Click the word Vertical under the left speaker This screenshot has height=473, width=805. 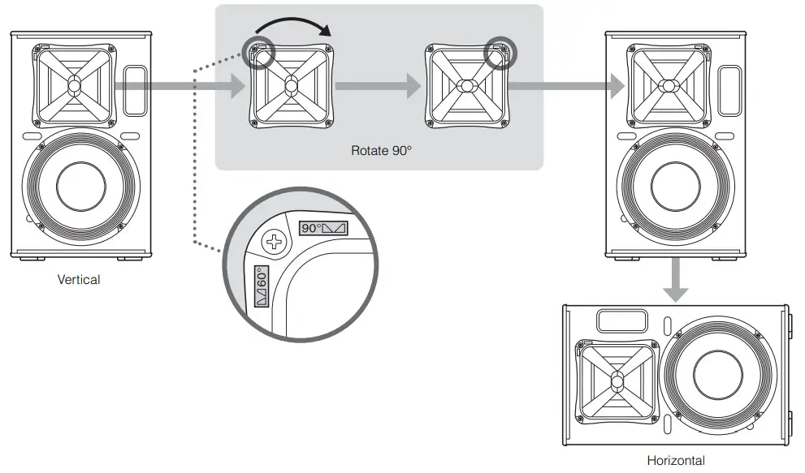[x=79, y=279]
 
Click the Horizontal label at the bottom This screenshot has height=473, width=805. [x=676, y=461]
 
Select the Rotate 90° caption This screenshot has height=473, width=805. [x=376, y=150]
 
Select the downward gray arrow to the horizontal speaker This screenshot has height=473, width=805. [x=674, y=279]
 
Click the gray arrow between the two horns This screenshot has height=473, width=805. [x=378, y=84]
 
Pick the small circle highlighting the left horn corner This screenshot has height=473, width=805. [x=260, y=51]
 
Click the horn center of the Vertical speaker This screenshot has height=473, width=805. [x=74, y=82]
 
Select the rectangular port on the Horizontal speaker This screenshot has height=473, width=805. [x=621, y=321]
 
